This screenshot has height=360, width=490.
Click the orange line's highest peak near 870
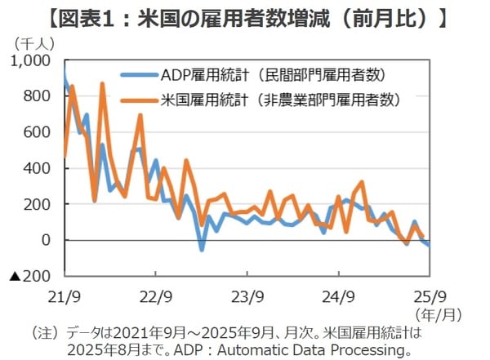(x=102, y=84)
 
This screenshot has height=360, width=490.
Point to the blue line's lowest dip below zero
(x=202, y=249)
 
